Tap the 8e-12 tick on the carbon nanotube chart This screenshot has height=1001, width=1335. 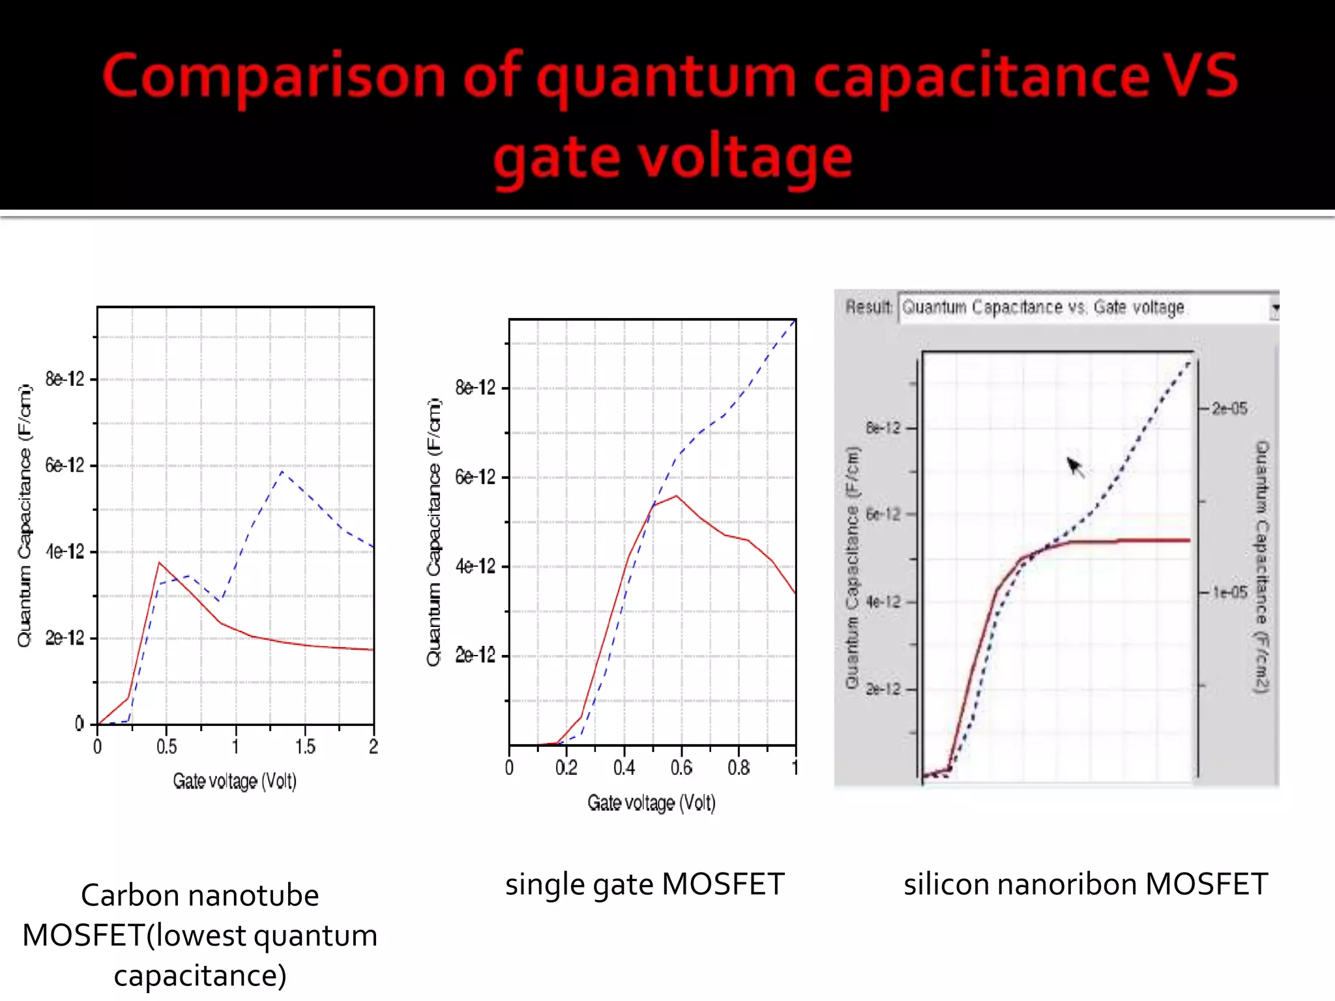tap(65, 379)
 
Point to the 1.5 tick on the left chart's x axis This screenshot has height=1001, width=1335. tap(304, 746)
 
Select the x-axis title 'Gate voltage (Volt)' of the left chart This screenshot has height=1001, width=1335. tap(235, 781)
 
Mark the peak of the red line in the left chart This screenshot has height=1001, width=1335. tap(159, 562)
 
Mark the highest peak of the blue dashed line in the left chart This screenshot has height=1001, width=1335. tap(282, 471)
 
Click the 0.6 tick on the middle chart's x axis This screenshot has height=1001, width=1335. tap(681, 768)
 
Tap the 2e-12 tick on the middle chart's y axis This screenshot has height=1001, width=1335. tap(475, 655)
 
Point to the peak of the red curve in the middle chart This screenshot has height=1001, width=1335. tap(677, 497)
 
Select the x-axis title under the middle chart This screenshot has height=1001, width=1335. tap(651, 802)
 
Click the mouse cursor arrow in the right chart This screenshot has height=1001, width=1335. tap(1074, 466)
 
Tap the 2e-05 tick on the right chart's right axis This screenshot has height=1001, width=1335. tap(1229, 409)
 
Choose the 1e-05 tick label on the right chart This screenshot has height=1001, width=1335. tap(1229, 592)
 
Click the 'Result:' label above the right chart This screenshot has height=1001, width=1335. tap(868, 307)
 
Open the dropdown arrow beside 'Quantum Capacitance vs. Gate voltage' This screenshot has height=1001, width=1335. tap(1274, 308)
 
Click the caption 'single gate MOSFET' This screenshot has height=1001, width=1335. tap(645, 884)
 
